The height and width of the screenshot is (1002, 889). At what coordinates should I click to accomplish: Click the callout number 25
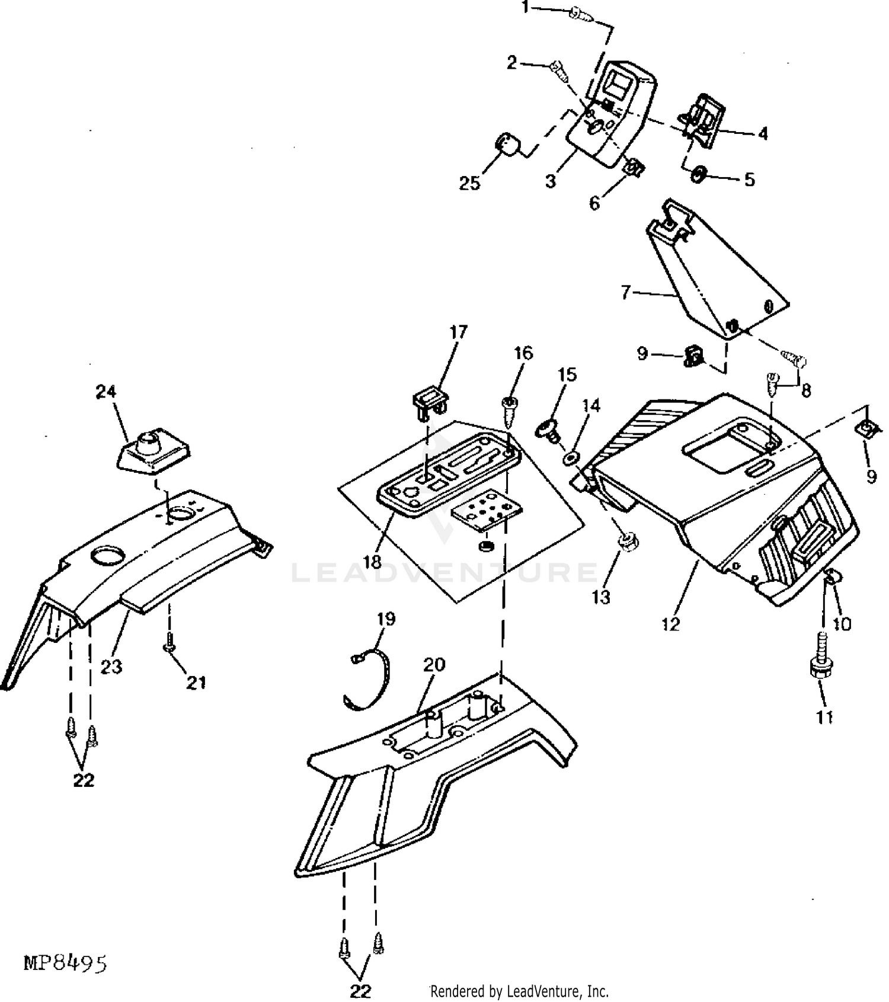pos(469,183)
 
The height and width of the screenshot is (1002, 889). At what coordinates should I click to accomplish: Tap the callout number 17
pos(459,332)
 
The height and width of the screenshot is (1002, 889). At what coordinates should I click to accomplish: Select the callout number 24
pos(107,392)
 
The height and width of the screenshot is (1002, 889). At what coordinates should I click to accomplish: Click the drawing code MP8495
pos(65,963)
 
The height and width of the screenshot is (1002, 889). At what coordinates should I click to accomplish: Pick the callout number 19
pos(386,619)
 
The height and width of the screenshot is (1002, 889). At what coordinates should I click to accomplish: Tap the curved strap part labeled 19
pos(367,681)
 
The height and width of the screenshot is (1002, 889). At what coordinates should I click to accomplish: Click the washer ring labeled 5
pos(699,175)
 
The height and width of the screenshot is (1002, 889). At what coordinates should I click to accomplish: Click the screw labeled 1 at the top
pos(580,14)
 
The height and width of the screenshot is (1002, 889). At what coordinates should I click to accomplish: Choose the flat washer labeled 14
pos(571,458)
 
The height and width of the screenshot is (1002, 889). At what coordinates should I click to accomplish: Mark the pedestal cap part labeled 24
pos(153,452)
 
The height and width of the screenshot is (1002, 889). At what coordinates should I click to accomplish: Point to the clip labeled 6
pos(634,168)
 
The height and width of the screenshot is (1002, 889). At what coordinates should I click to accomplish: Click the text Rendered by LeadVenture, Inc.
pos(519,991)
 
